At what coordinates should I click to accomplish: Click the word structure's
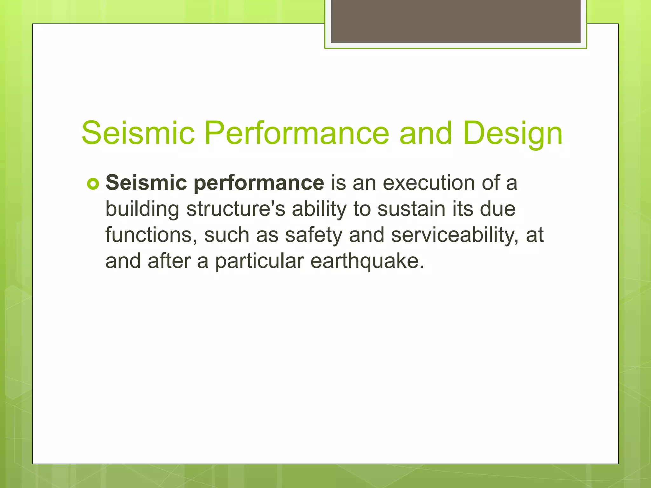236,209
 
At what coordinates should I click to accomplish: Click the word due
498,209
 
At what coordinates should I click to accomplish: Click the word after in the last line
168,261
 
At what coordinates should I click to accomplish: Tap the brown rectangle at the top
456,21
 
